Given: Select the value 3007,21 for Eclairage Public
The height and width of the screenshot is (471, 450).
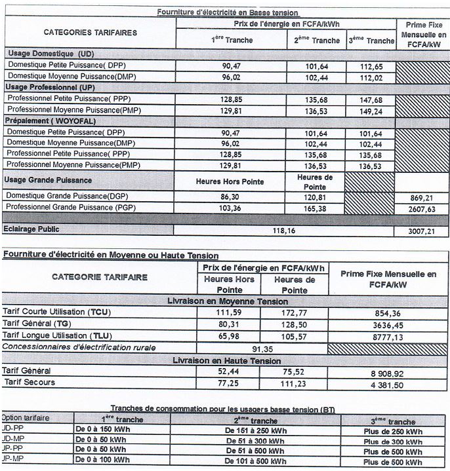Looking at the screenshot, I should pyautogui.click(x=422, y=231).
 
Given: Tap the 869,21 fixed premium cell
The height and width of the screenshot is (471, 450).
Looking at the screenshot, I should pyautogui.click(x=422, y=196).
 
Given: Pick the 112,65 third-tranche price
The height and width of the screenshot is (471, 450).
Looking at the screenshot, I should pyautogui.click(x=371, y=67).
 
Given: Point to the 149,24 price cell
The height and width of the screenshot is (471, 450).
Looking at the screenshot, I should pyautogui.click(x=371, y=111).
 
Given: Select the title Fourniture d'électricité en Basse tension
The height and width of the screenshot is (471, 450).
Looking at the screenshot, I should pyautogui.click(x=228, y=12).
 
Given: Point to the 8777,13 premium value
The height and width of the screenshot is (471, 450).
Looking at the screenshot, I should pyautogui.click(x=388, y=336).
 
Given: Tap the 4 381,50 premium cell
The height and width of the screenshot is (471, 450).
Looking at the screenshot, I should pyautogui.click(x=388, y=383).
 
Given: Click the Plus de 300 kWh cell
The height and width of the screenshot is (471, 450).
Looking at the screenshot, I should pyautogui.click(x=392, y=441).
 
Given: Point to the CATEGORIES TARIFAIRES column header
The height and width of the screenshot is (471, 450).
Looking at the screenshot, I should pyautogui.click(x=90, y=32).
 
